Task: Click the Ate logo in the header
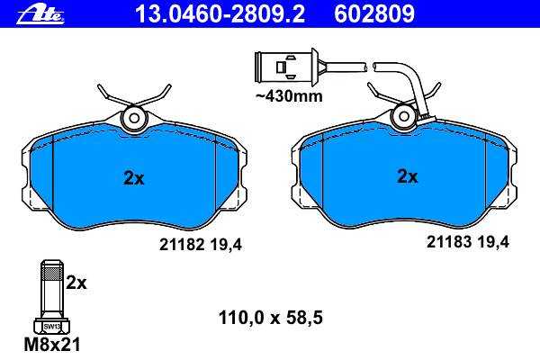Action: click(x=40, y=14)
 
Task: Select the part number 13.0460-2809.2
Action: click(x=220, y=14)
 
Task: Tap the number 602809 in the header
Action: click(x=374, y=14)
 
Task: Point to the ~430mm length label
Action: click(x=289, y=96)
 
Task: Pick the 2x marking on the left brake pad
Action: click(x=134, y=178)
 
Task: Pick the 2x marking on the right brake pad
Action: click(x=408, y=176)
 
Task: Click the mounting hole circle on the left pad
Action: click(x=133, y=118)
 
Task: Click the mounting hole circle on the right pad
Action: click(x=403, y=117)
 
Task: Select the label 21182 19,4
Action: click(x=201, y=245)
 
